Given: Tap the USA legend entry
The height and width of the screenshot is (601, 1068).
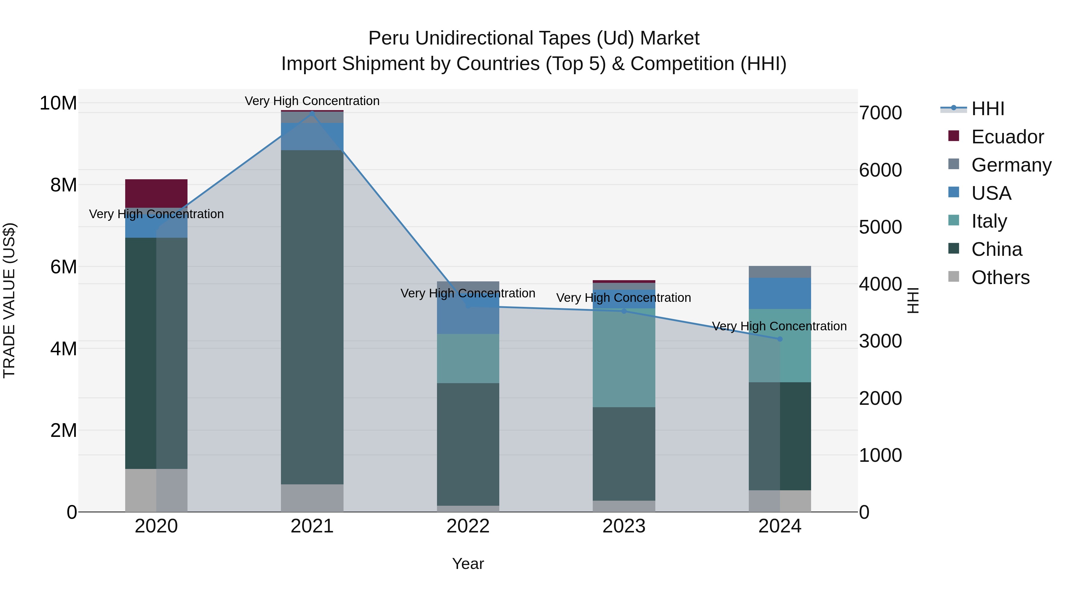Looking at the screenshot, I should (991, 193).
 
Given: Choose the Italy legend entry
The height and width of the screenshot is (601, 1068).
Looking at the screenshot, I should (989, 221).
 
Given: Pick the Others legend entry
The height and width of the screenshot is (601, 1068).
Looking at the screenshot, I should (1000, 277).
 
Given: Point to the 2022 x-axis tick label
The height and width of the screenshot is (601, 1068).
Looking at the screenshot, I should (468, 526).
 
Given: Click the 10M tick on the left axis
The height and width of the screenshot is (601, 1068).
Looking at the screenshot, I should (58, 103).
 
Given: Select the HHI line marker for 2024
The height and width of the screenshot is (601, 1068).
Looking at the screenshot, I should (780, 339).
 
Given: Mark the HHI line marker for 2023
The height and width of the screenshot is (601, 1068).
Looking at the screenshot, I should (624, 311).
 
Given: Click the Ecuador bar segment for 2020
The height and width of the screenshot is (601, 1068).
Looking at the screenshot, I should (156, 193).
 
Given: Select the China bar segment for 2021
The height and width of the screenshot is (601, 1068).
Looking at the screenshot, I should (312, 317).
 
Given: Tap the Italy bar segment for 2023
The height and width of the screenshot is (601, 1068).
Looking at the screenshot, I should (624, 358).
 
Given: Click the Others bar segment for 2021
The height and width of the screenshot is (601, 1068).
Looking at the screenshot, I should (312, 498).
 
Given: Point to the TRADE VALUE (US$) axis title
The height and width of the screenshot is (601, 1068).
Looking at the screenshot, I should (9, 300).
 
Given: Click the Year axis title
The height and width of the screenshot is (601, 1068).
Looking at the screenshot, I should (468, 564).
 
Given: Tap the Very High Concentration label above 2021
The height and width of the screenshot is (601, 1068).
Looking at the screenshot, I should (312, 101).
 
